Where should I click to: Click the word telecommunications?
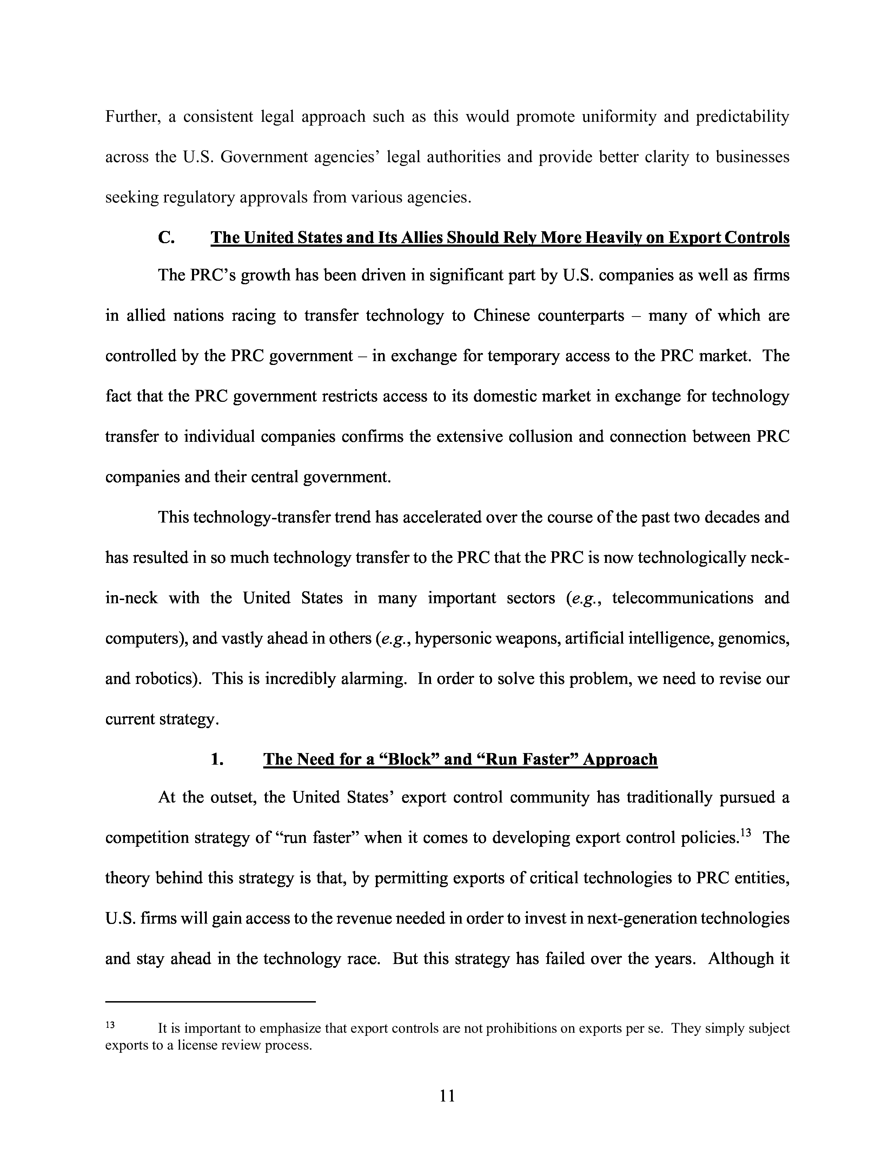(x=682, y=598)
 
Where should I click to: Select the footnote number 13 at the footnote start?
(x=110, y=1025)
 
